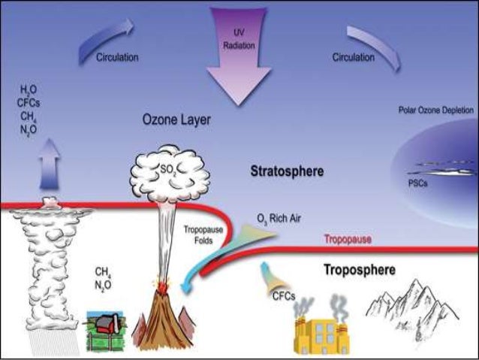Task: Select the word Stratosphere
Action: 287,171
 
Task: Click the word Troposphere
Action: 360,268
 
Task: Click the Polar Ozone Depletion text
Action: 435,110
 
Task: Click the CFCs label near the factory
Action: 282,294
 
